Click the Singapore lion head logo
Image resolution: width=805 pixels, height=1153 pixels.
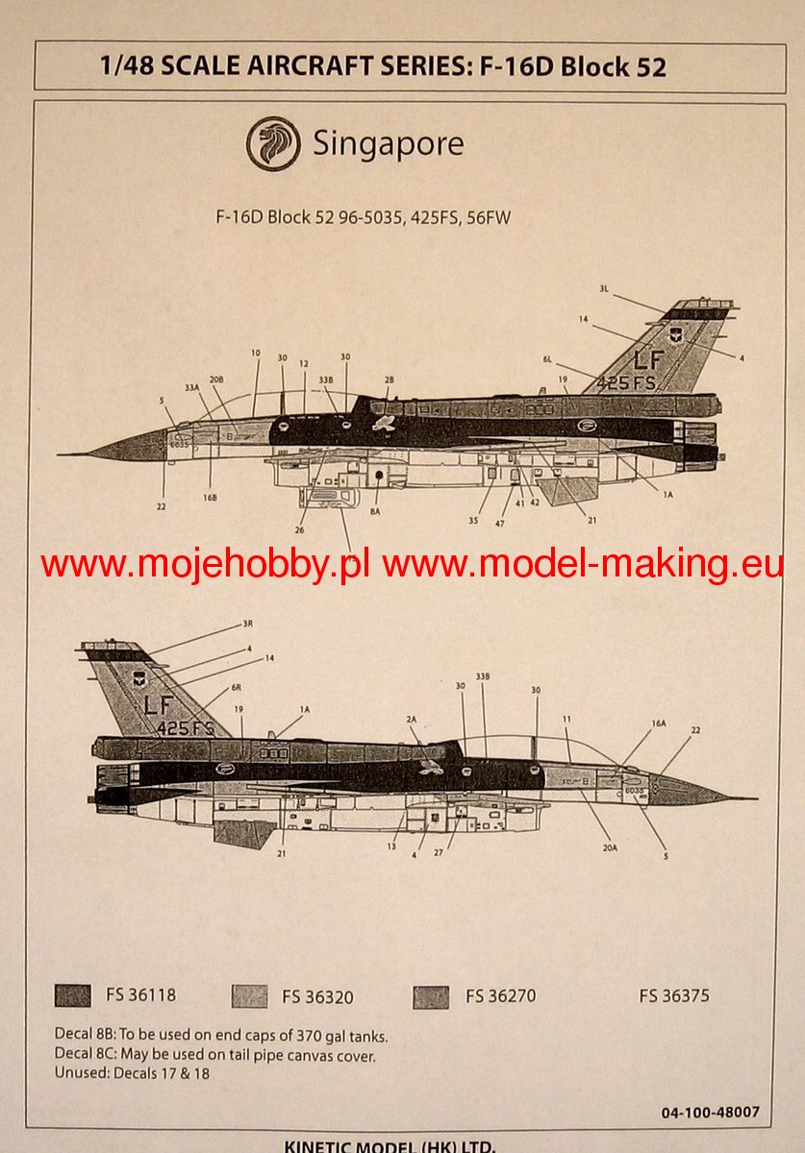(273, 144)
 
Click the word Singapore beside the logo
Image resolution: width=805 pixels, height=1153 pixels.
(388, 144)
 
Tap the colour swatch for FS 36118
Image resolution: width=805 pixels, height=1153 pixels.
(73, 995)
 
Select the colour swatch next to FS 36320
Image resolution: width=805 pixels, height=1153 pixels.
(249, 996)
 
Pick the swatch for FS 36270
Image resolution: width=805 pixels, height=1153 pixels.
(431, 996)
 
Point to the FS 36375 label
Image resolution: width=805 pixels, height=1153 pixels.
(674, 995)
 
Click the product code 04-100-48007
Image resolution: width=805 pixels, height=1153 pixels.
(710, 1113)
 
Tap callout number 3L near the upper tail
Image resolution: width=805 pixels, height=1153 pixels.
(605, 288)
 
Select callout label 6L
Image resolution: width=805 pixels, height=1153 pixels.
(547, 359)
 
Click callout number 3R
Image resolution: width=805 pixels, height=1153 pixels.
(247, 625)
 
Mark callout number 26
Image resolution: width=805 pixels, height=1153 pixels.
(300, 529)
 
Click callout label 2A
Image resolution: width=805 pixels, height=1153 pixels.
(411, 718)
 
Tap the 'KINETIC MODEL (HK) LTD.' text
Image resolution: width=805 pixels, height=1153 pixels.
(390, 1145)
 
